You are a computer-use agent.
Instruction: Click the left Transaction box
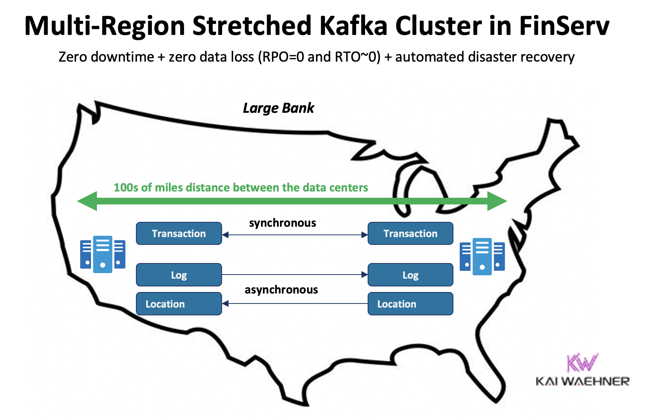179,233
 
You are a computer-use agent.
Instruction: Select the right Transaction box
410,233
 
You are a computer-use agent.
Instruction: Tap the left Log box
179,275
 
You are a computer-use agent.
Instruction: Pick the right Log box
410,275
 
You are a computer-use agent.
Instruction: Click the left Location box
179,304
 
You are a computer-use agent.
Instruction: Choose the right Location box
410,304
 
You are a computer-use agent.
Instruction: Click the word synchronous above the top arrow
282,223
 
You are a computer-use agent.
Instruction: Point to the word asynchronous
281,290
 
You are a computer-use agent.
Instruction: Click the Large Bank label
278,108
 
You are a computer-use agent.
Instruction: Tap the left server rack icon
102,255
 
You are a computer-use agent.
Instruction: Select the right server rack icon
482,256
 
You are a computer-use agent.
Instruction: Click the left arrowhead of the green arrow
88,201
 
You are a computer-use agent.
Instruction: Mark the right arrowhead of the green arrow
497,201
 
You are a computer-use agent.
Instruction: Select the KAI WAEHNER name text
582,381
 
